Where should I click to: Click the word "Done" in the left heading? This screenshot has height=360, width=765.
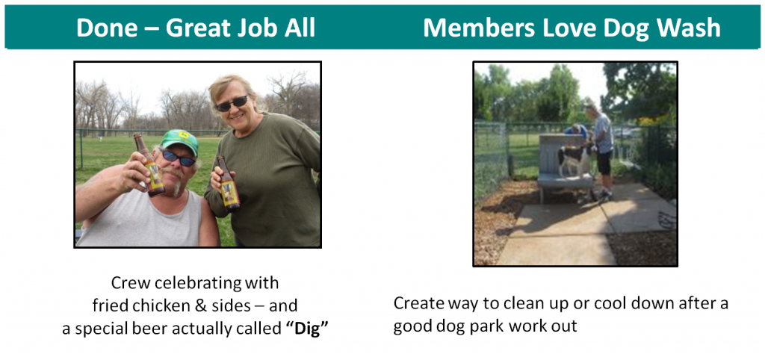click(106, 28)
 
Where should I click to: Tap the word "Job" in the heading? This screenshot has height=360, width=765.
click(261, 28)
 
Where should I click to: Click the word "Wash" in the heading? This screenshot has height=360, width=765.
click(689, 28)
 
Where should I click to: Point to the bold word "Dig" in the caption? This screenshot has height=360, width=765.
click(306, 329)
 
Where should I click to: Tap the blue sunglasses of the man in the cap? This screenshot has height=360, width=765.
click(179, 158)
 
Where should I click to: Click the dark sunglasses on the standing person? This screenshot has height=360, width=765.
click(233, 103)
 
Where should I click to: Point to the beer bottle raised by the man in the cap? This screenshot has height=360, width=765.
click(149, 164)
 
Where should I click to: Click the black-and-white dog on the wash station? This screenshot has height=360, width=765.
click(573, 160)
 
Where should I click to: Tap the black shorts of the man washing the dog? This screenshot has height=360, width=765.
click(604, 163)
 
